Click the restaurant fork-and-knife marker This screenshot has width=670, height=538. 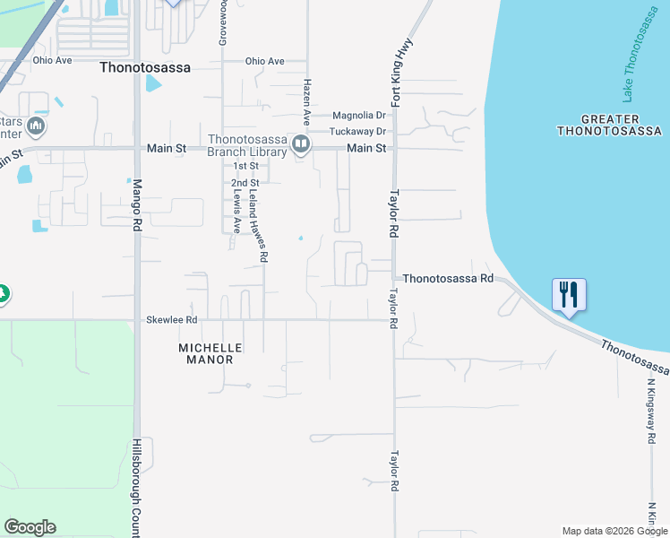(x=569, y=295)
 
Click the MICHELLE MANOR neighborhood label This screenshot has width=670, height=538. (x=205, y=353)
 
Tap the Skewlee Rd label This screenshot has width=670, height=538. (x=171, y=319)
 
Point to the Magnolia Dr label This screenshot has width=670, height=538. (x=358, y=115)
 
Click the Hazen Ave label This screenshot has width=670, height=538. (x=306, y=100)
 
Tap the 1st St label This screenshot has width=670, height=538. (x=245, y=166)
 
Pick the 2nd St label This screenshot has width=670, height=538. (x=245, y=183)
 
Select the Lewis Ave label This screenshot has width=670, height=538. (x=237, y=212)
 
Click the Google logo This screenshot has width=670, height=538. (x=30, y=527)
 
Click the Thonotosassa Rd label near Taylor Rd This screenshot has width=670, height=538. (x=448, y=279)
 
